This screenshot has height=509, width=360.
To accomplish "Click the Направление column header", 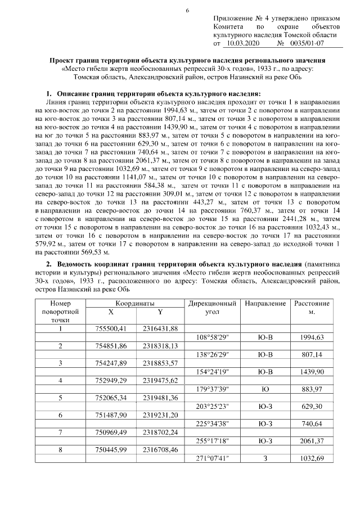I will (265, 303).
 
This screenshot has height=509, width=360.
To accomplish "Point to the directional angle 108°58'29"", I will (213, 337).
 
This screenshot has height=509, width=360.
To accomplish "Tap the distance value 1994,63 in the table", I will (312, 337).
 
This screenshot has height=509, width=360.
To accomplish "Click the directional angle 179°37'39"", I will (213, 389).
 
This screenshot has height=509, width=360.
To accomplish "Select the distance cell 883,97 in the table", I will (312, 389).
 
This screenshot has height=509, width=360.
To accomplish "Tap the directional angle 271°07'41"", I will (213, 458).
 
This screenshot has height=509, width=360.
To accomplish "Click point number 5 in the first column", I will (60, 397).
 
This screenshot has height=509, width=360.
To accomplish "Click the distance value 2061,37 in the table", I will (312, 441).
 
